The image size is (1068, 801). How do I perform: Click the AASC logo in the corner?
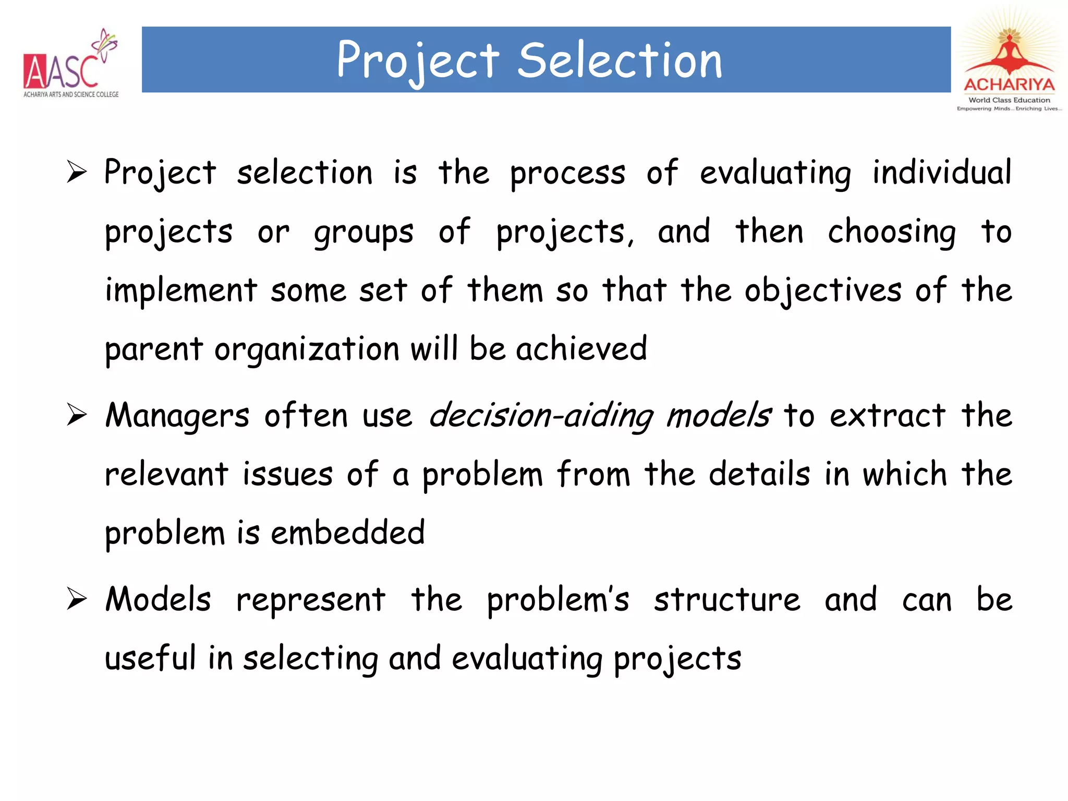(70, 65)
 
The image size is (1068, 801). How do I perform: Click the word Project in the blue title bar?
(418, 62)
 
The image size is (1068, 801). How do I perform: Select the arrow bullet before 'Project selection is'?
(77, 172)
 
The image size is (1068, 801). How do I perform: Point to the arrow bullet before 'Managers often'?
(77, 416)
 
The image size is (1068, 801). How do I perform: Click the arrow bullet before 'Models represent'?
(77, 599)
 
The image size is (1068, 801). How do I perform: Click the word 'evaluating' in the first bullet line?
(775, 174)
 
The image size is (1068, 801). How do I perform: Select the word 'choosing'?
(892, 233)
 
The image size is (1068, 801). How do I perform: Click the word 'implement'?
(181, 291)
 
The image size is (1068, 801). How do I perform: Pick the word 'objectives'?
(823, 291)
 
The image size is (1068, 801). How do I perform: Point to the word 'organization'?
(307, 350)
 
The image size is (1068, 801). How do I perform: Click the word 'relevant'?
(166, 475)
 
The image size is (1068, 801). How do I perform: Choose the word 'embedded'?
(348, 533)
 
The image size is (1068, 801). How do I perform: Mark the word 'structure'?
(727, 600)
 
